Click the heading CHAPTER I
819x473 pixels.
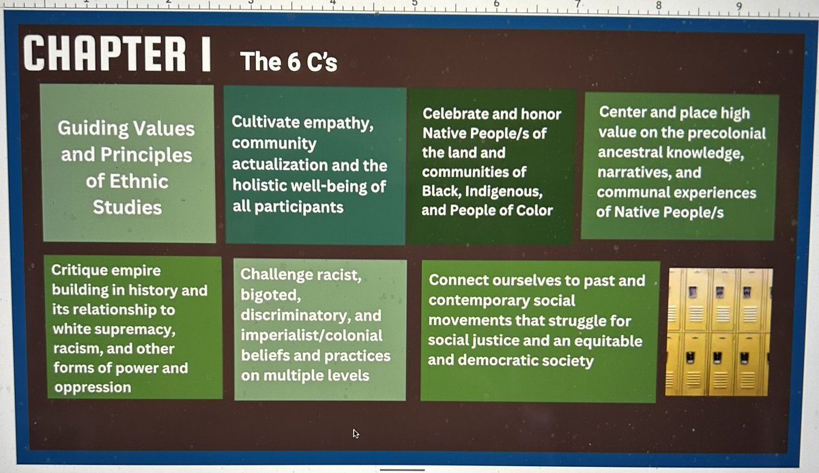tap(117, 53)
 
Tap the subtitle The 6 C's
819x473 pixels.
tap(289, 63)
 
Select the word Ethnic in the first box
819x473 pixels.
tap(127, 181)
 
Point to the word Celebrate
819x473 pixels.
tap(454, 114)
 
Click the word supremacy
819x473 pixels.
tap(143, 330)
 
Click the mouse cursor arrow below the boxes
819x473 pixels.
tap(356, 433)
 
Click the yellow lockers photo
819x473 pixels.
tap(719, 332)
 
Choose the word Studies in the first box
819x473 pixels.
tap(127, 207)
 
